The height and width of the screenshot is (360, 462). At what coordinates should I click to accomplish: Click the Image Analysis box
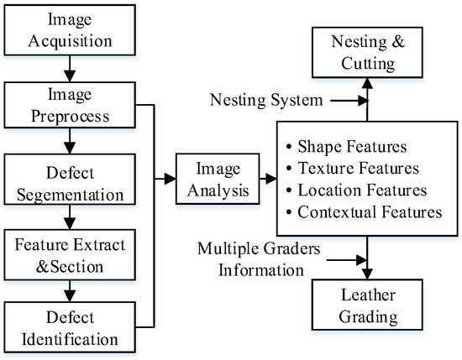coord(213,180)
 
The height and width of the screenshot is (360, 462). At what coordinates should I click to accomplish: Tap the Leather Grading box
coord(366,308)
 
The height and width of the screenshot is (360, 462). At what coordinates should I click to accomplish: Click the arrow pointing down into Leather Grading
coord(366,262)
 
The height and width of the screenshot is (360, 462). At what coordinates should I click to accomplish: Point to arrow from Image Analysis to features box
coord(270,180)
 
